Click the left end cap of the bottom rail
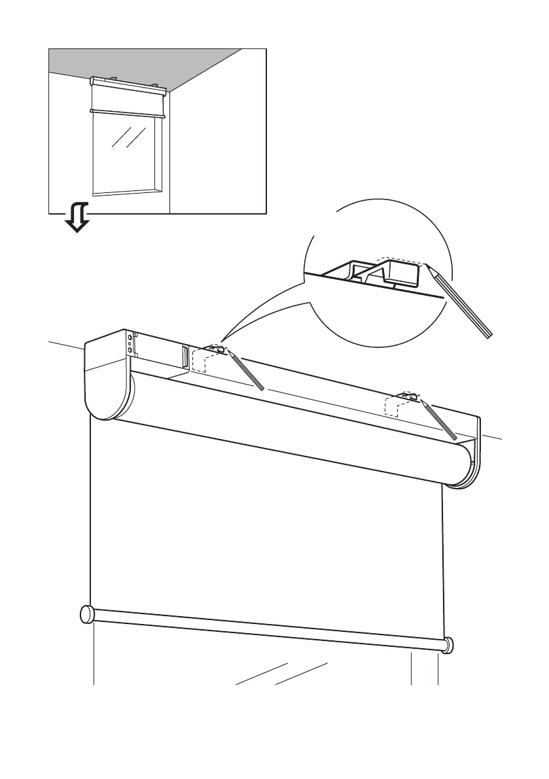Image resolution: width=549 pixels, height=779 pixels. (86, 614)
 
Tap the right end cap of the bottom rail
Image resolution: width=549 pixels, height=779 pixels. (448, 644)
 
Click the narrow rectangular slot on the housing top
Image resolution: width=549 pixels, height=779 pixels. (185, 357)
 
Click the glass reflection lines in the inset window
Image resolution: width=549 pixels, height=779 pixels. (128, 137)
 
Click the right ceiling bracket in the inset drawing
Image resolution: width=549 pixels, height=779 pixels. (155, 84)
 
